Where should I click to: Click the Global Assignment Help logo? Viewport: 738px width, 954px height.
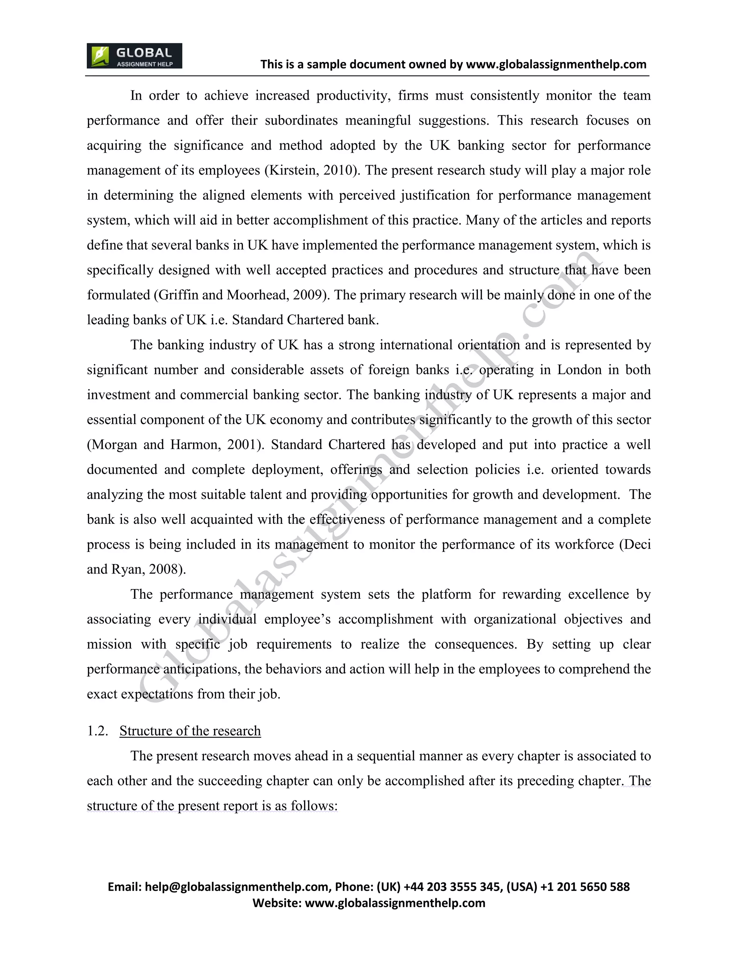point(134,56)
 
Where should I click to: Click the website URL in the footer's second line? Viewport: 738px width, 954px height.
point(395,903)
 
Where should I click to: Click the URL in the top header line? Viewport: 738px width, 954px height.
point(556,65)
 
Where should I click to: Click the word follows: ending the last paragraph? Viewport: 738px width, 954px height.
point(314,806)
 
